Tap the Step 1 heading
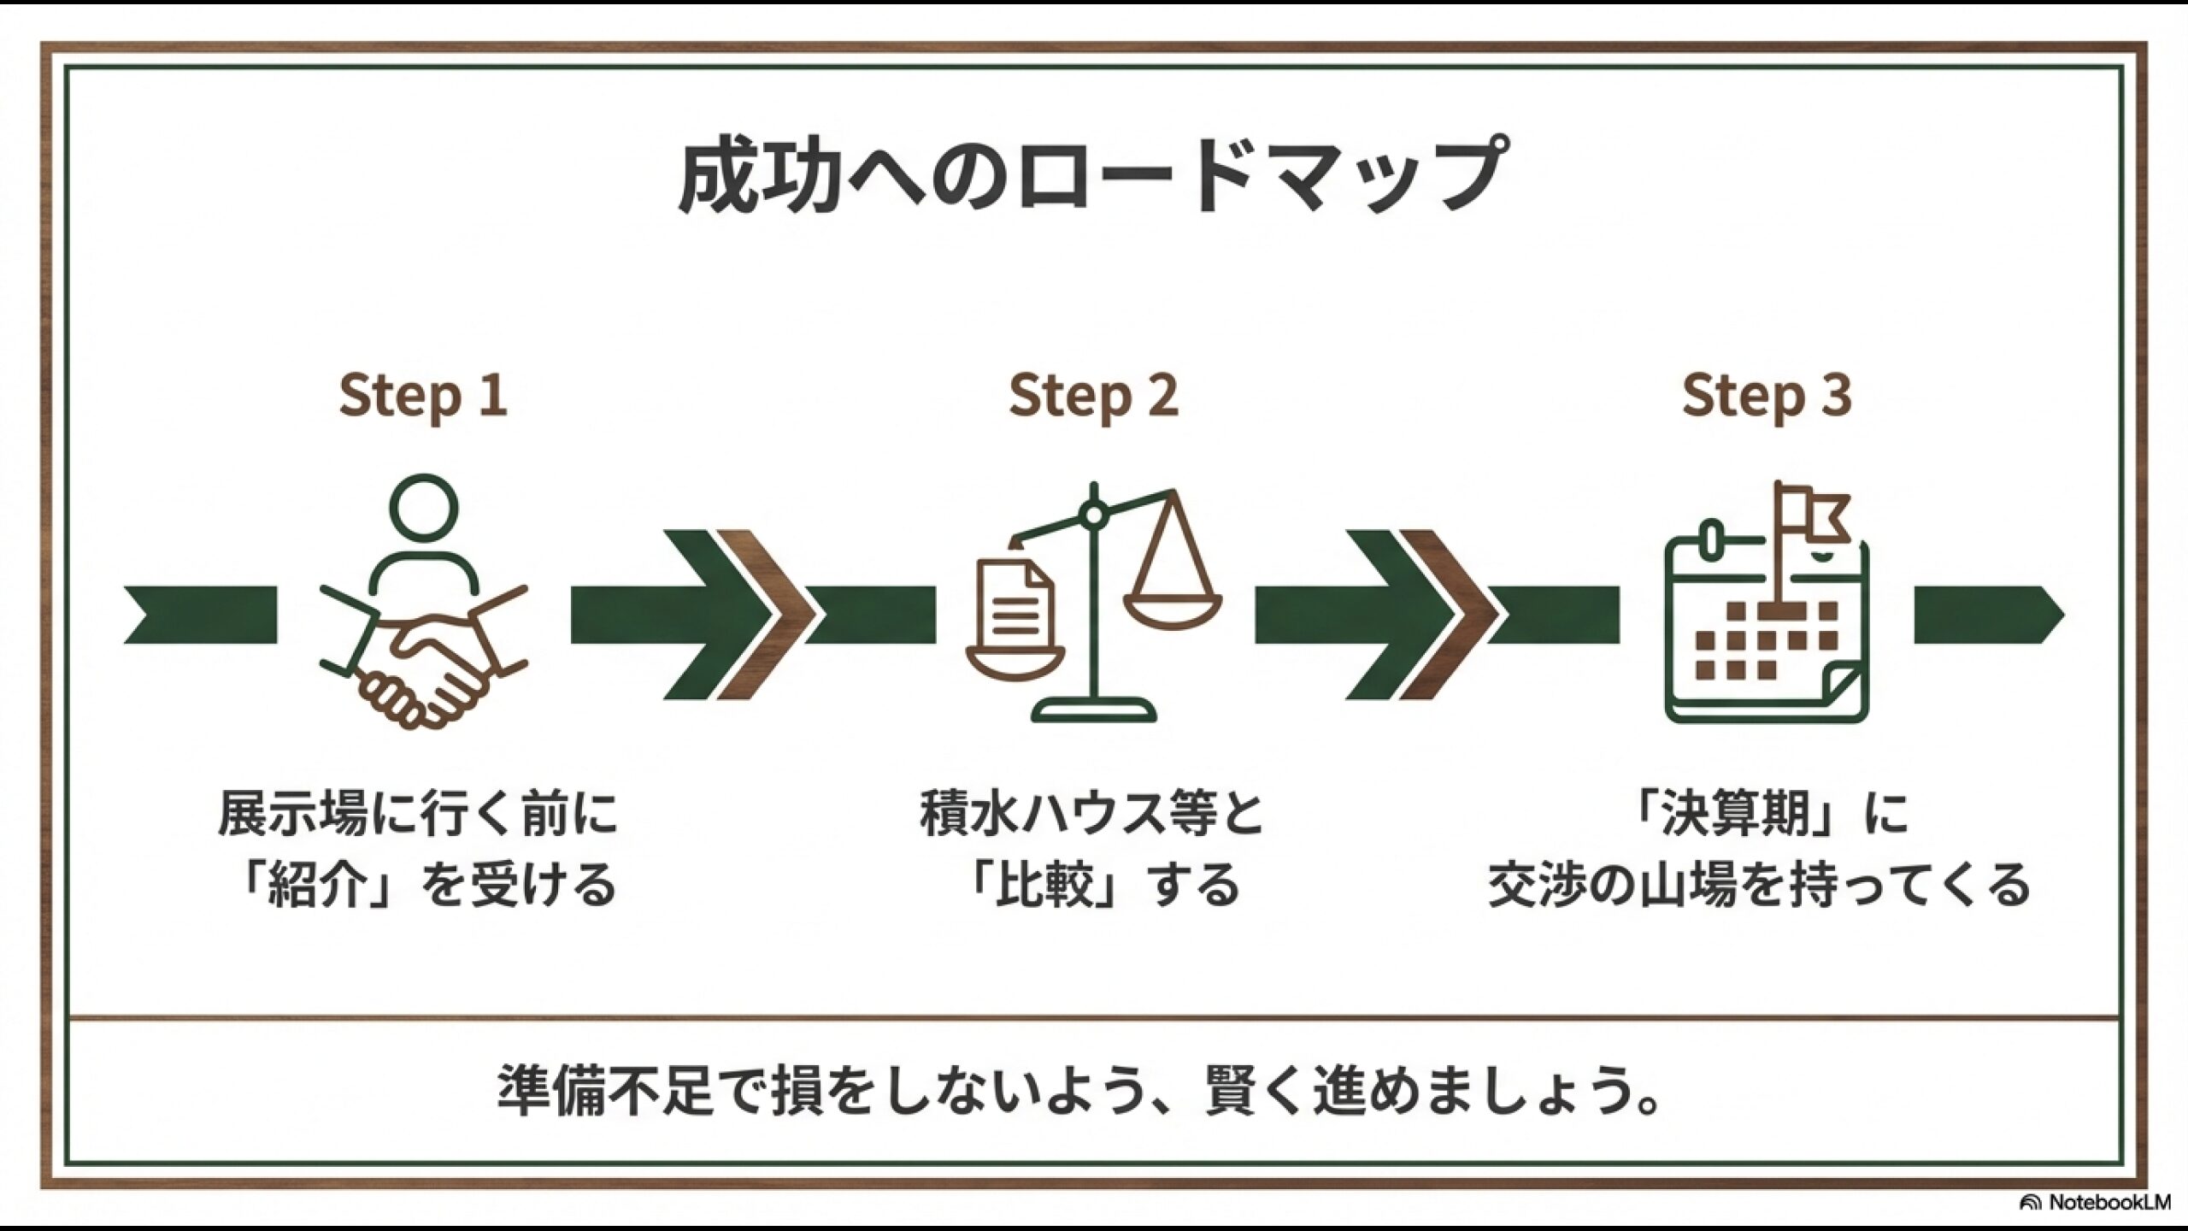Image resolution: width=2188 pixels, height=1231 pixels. (x=423, y=395)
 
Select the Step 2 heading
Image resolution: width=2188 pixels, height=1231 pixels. (x=1093, y=395)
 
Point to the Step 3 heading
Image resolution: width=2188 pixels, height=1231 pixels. (x=1767, y=395)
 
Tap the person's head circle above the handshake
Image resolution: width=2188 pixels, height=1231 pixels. (x=423, y=510)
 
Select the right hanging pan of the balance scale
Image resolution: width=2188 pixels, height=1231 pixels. (x=1173, y=590)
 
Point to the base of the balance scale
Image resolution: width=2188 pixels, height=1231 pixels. (x=1093, y=711)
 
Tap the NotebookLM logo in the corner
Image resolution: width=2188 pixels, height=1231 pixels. (x=2103, y=1202)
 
